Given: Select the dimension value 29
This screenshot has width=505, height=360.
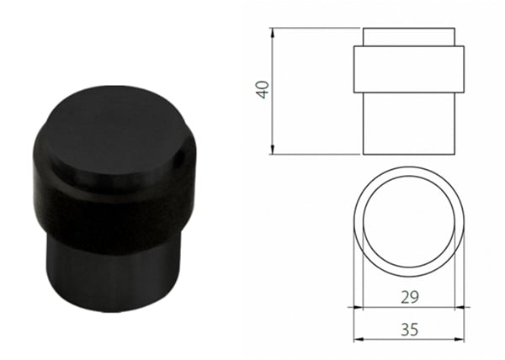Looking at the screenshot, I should (x=408, y=297).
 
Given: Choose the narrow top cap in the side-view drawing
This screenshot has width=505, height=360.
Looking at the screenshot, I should (x=408, y=38).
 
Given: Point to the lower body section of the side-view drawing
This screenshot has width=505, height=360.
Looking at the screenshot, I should (x=408, y=123).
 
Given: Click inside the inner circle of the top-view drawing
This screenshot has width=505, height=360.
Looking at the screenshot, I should (x=408, y=222).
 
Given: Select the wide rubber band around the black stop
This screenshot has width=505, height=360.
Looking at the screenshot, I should (x=109, y=210).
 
